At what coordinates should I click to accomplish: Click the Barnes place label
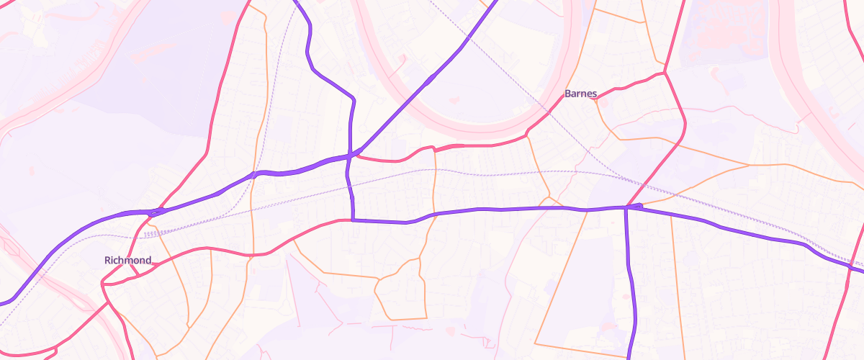coord(580,94)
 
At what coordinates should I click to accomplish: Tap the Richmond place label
coord(127,260)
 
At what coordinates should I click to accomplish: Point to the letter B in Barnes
coord(568,94)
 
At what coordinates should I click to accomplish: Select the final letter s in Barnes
coord(594,94)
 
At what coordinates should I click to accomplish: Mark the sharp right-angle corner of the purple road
coord(353,219)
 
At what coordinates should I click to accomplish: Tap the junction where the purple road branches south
coord(626,207)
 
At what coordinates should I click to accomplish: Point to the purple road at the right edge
coord(860,269)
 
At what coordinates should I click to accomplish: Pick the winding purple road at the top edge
coord(295,2)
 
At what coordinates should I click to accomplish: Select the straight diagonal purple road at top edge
coord(495,3)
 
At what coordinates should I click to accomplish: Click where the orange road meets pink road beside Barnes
coord(597,98)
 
